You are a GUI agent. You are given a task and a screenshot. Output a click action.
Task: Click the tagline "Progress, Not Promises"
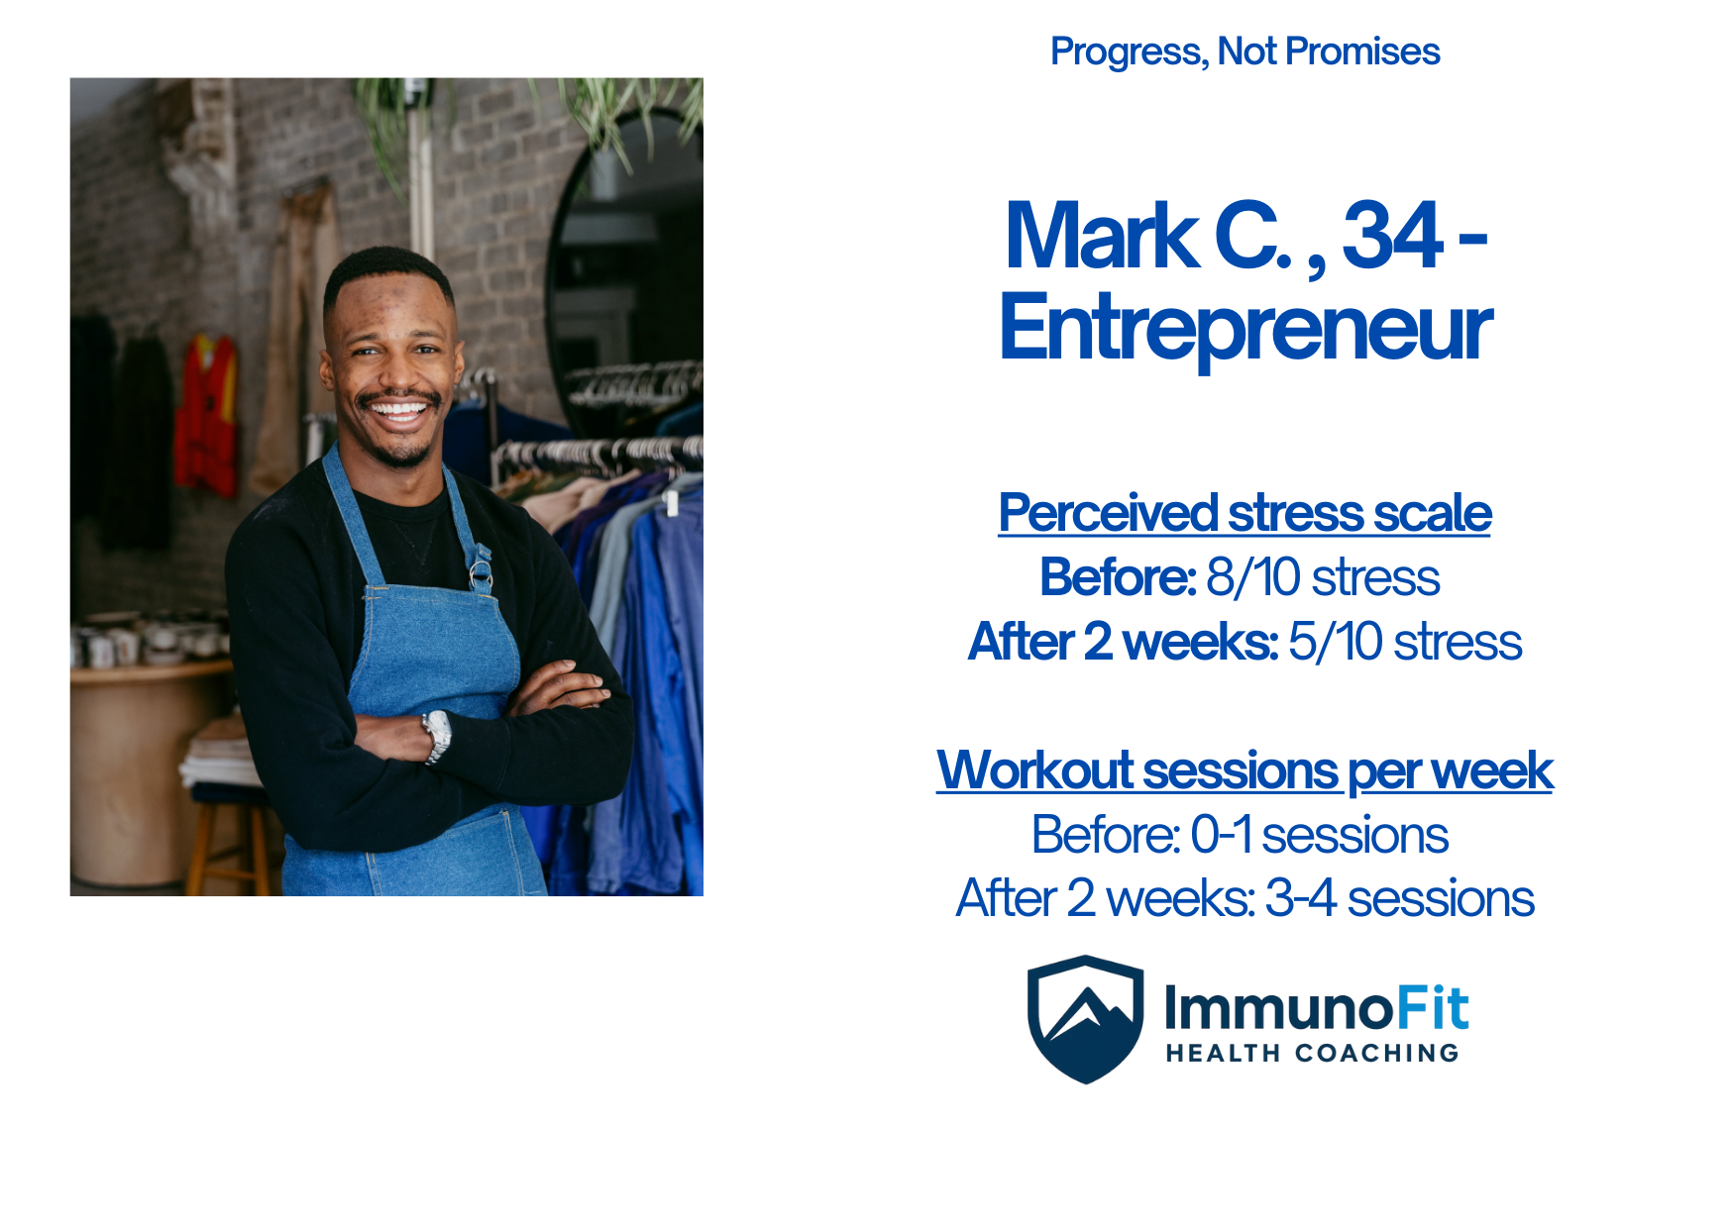click(x=1245, y=52)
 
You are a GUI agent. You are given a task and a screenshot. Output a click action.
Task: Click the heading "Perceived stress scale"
click(x=1245, y=513)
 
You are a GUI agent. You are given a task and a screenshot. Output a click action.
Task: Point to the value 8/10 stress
click(x=1323, y=577)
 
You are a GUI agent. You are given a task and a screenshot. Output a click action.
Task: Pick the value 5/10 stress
click(x=1405, y=642)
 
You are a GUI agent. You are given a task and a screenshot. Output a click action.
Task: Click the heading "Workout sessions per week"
click(x=1245, y=770)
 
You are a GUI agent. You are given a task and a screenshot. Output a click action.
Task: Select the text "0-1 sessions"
click(x=1319, y=835)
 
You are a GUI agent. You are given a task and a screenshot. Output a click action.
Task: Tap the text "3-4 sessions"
click(x=1400, y=899)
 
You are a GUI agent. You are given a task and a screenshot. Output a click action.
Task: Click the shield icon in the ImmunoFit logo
click(x=1086, y=1019)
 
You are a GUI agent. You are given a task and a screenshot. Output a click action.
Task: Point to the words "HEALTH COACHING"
click(x=1312, y=1053)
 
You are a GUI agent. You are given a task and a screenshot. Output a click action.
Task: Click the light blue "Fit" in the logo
click(x=1432, y=1009)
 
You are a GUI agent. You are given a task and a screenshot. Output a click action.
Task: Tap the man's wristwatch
click(x=437, y=736)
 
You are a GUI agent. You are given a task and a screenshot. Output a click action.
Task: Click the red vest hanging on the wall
click(x=206, y=416)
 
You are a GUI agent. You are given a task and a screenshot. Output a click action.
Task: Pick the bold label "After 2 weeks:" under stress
click(x=1124, y=642)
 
